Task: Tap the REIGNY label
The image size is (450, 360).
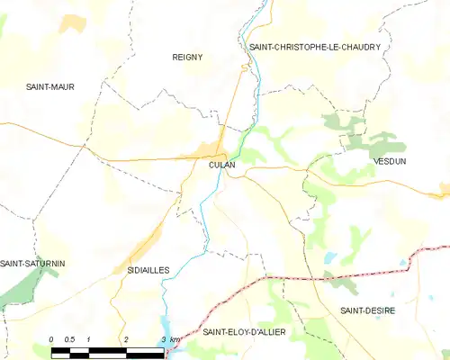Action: [187, 57]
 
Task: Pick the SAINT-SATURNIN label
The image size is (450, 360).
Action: [32, 263]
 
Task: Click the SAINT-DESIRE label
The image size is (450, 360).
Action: [367, 310]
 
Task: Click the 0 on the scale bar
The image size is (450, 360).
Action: [51, 338]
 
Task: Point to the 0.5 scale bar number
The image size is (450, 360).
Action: [69, 338]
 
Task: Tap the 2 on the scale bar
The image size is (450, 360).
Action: [126, 338]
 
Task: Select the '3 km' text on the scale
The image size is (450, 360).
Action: [168, 338]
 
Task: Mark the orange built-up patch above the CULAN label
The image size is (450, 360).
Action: [212, 149]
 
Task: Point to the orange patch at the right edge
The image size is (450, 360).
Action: [445, 189]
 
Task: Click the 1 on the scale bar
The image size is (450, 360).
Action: [89, 338]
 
